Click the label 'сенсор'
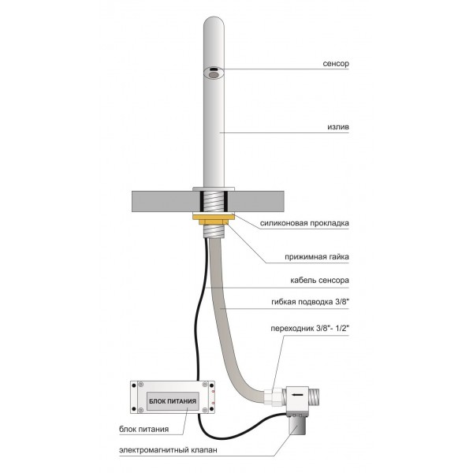click(x=336, y=64)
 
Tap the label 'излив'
click(x=338, y=127)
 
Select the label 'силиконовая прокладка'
click(x=304, y=223)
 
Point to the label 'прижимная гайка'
click(x=317, y=257)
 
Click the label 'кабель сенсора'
click(x=319, y=280)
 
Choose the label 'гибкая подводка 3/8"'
click(x=310, y=302)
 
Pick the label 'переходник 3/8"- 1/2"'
click(x=310, y=328)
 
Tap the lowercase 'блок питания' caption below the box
click(x=143, y=429)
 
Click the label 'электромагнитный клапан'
click(x=168, y=450)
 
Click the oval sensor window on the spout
click(x=214, y=73)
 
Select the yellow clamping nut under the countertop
click(x=214, y=218)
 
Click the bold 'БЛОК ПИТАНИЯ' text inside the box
click(x=173, y=401)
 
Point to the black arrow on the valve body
click(x=297, y=394)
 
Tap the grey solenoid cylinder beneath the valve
click(x=297, y=425)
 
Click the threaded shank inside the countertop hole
click(x=214, y=202)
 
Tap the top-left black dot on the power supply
click(x=134, y=385)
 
